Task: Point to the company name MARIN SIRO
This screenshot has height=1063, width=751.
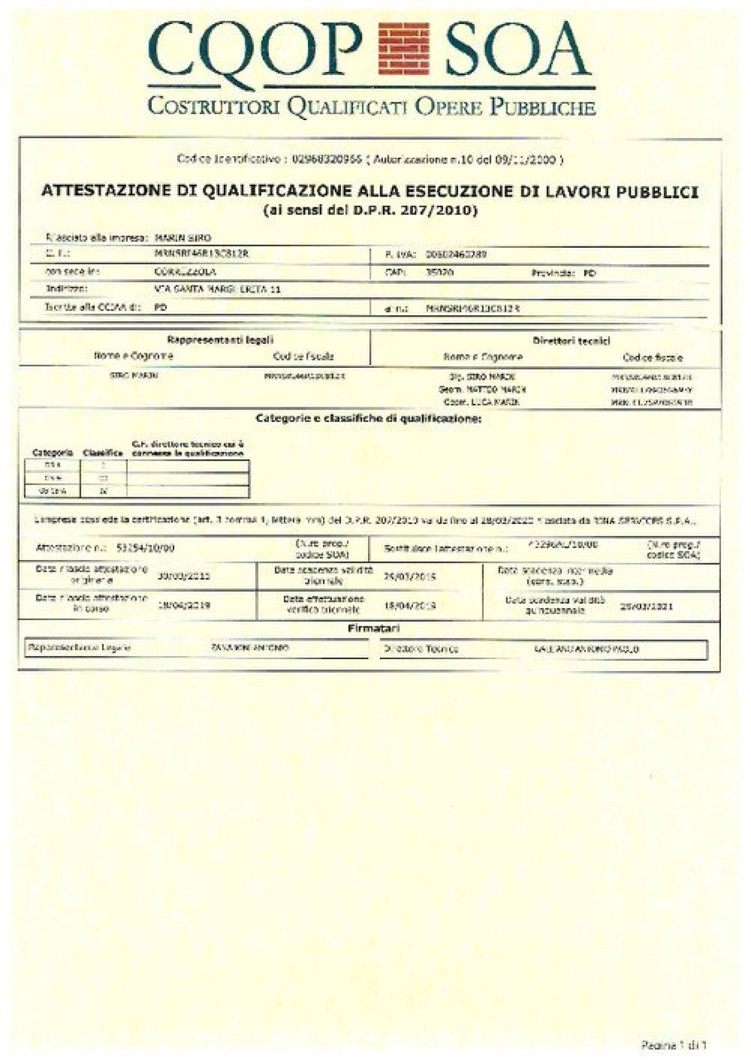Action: [182, 238]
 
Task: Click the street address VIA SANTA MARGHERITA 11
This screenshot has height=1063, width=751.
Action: [217, 290]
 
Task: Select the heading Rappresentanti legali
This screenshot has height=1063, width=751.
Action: [220, 339]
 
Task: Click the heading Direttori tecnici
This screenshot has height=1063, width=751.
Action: [571, 341]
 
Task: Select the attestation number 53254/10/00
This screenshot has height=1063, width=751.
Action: [145, 548]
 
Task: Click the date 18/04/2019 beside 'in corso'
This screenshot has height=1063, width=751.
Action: [183, 606]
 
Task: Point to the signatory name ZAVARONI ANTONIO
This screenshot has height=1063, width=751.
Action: [251, 648]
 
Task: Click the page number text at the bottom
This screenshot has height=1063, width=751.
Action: [674, 1044]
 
